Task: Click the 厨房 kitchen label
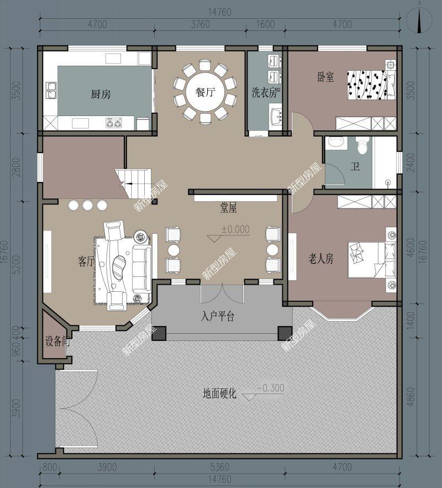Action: [101, 95]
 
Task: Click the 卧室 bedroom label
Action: [325, 77]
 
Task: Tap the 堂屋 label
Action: [228, 208]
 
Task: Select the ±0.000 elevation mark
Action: [235, 229]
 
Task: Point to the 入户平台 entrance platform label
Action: [218, 317]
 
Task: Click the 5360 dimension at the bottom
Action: [219, 467]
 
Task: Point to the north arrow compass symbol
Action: [422, 21]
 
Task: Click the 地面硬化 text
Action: [219, 394]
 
